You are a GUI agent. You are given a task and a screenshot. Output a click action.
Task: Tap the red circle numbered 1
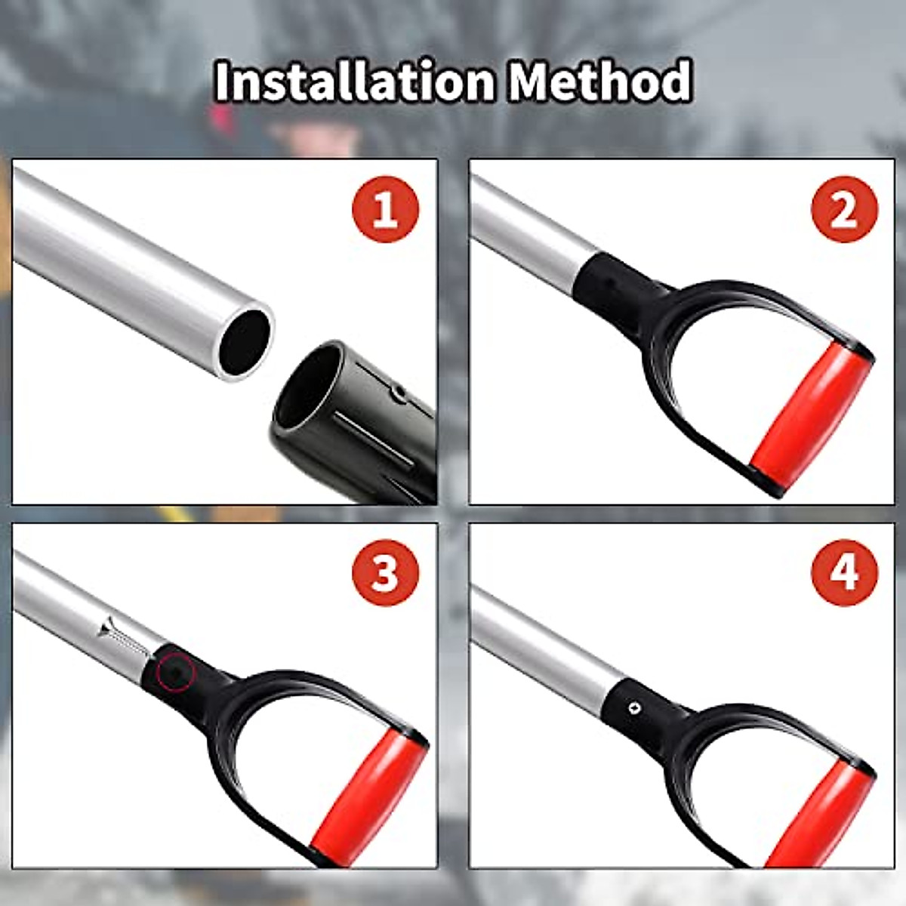[385, 209]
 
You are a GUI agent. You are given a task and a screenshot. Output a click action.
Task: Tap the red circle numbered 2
[844, 209]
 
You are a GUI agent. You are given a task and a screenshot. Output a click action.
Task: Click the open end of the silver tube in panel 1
[245, 341]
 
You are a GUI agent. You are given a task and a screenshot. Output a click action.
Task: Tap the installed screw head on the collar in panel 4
[633, 707]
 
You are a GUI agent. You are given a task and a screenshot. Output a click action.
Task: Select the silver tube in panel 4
[536, 649]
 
